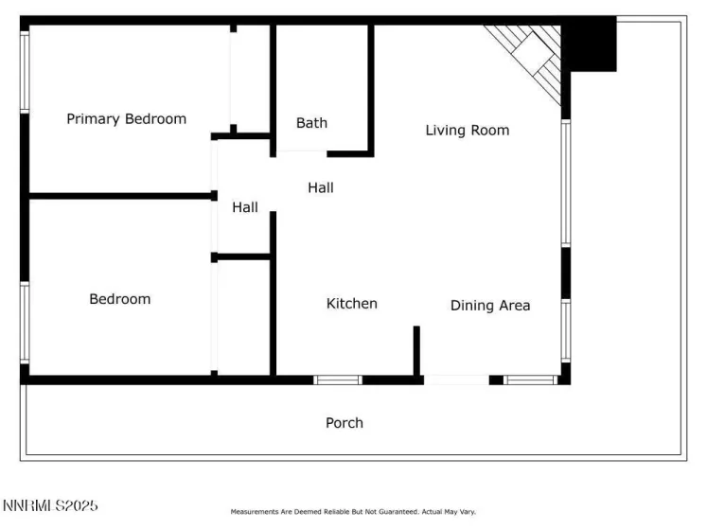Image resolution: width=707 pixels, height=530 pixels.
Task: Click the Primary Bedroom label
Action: (126, 119)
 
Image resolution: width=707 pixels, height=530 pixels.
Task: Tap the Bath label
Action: (311, 123)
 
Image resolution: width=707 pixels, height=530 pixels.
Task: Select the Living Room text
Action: (467, 131)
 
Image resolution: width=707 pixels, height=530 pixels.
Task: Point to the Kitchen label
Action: (351, 304)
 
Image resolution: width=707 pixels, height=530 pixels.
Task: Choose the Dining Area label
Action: (489, 306)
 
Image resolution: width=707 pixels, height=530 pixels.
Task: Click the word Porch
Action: (344, 423)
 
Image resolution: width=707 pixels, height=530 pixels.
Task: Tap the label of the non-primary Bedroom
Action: (119, 299)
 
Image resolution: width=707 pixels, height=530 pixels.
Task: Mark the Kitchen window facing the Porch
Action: (338, 380)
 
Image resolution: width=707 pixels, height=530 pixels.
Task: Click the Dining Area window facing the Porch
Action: (529, 380)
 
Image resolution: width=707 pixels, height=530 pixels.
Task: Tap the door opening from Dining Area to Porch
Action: (456, 380)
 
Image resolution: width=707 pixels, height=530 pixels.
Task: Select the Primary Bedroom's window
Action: (25, 71)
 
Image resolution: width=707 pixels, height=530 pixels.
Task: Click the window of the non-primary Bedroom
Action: (25, 322)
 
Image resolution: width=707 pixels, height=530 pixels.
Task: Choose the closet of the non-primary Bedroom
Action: (244, 317)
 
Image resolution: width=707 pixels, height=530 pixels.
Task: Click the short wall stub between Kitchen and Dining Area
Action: (415, 350)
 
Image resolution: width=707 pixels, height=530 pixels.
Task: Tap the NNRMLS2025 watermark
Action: (50, 506)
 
